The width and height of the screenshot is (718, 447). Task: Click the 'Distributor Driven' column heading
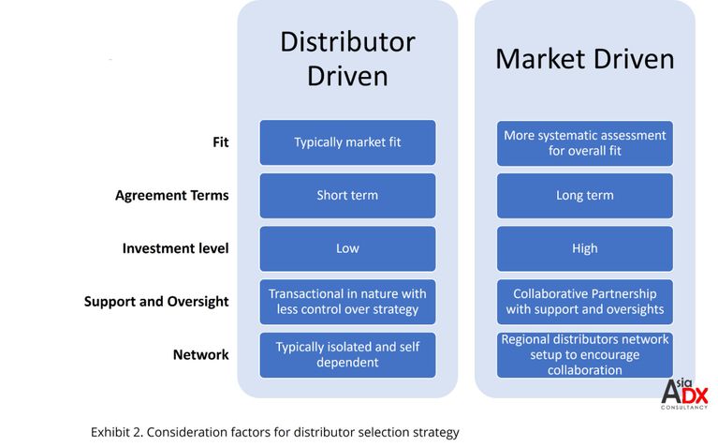pos(347,59)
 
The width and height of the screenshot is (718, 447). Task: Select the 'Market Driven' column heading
pos(585,59)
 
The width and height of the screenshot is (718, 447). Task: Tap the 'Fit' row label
pos(220,142)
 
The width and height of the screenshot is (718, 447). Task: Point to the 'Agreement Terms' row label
pos(171,195)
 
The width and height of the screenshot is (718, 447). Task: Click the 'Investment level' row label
pos(175,248)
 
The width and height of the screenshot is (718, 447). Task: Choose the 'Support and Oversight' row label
pos(156,302)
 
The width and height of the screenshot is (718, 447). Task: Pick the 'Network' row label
pos(200,355)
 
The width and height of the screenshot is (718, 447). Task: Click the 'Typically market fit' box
pos(347,142)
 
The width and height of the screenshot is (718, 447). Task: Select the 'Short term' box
pos(347,196)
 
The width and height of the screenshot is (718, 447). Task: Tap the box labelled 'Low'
pos(347,249)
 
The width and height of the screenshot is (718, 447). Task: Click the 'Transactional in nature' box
pos(347,302)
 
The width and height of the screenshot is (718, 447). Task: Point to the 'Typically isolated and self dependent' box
pos(347,355)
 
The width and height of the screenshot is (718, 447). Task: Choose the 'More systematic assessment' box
pos(585,143)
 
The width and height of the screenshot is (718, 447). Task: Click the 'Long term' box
pos(585,196)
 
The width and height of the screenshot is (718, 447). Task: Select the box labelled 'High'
pos(585,249)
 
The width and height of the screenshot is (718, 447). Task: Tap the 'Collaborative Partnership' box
pos(585,302)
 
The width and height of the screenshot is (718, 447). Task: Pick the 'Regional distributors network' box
pos(585,355)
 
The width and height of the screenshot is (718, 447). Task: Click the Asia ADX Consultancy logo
pos(684,395)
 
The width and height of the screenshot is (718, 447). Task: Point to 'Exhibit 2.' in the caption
pos(117,432)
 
